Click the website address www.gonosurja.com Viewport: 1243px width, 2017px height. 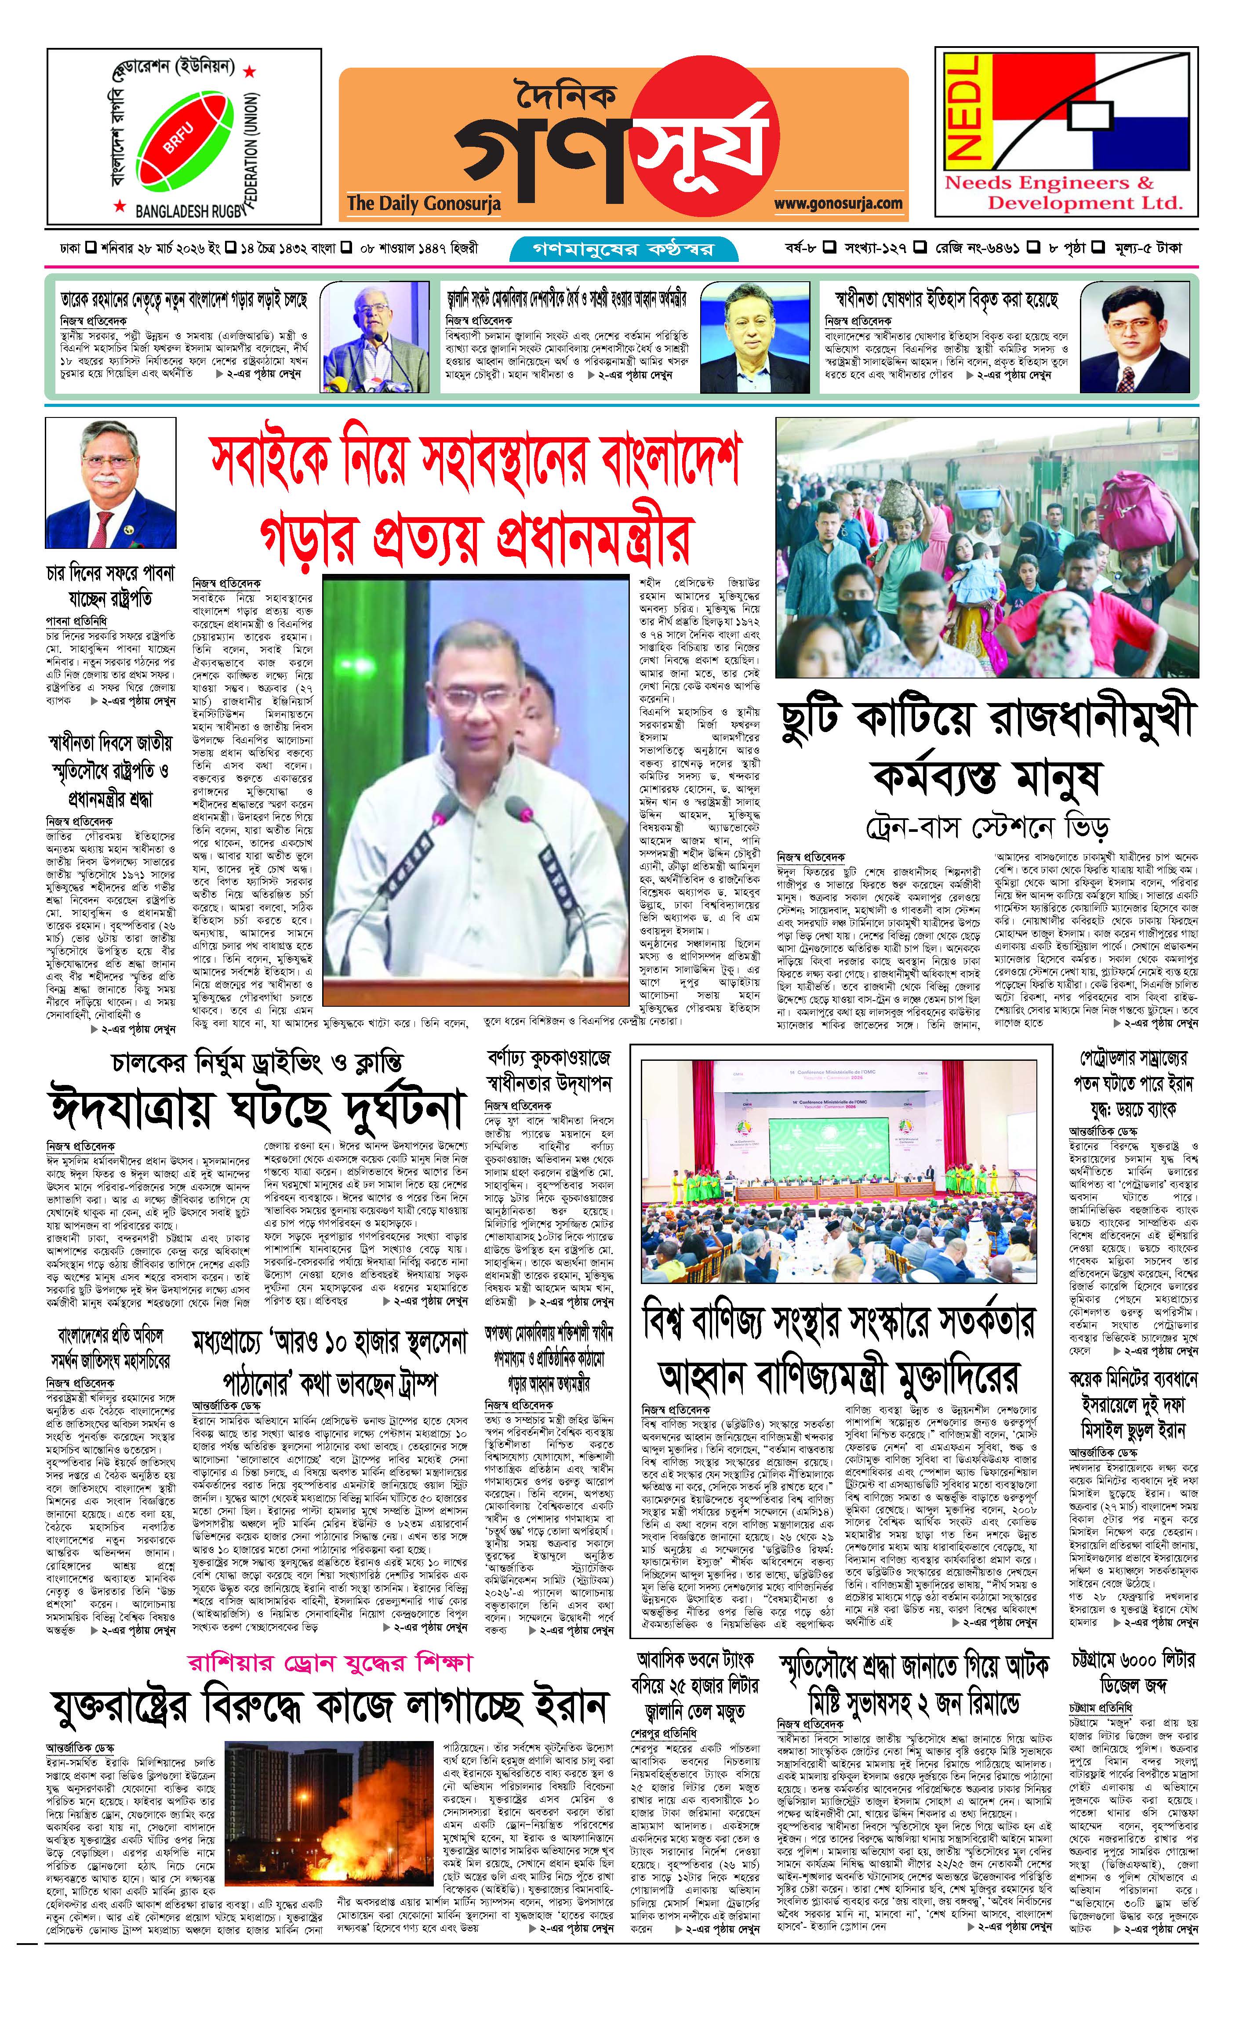tap(838, 203)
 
